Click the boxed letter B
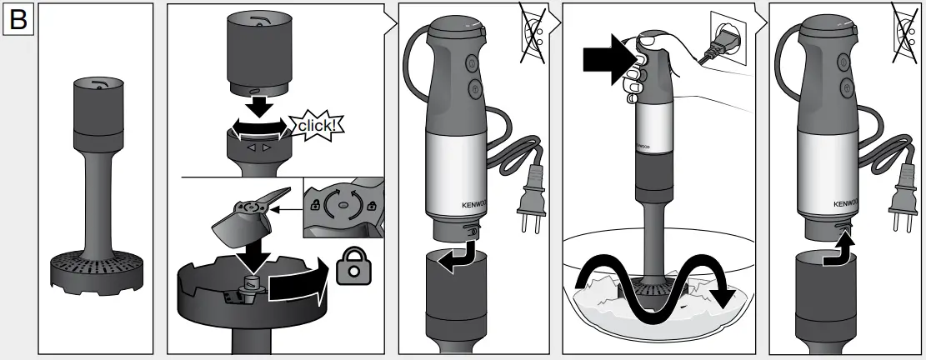(x=18, y=20)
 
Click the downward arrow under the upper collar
(x=259, y=105)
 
